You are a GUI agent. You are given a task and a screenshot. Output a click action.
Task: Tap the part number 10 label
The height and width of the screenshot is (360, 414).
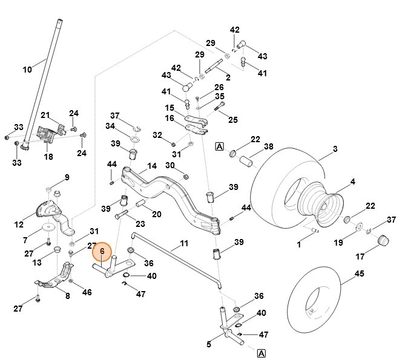pos(27,70)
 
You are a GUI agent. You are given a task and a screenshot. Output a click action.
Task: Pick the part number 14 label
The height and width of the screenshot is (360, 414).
pos(152,166)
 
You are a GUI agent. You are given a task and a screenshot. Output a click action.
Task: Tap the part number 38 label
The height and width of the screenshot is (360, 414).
pos(269,146)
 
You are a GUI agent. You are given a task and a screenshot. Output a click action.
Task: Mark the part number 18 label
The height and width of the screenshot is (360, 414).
pos(48,157)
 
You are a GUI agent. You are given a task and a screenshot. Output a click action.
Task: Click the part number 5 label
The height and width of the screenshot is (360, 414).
pos(209,345)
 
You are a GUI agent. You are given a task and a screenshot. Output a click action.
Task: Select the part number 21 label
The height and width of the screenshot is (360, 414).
pos(45,115)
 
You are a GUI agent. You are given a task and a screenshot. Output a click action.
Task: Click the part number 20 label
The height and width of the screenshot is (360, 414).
pos(156,214)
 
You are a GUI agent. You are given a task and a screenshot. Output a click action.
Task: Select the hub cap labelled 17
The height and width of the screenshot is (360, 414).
pos(383,241)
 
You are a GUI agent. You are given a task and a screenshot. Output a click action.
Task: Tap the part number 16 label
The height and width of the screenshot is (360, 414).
pos(170,119)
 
